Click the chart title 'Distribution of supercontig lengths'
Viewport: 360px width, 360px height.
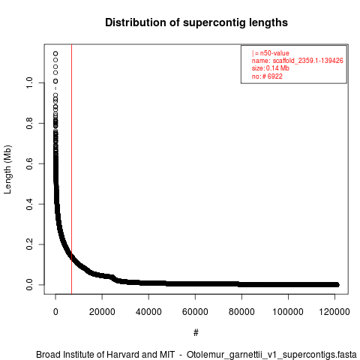click(x=196, y=22)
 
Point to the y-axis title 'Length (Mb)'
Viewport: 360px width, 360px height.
click(x=7, y=169)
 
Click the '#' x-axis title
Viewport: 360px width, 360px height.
click(x=196, y=333)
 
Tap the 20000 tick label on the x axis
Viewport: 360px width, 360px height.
click(x=102, y=312)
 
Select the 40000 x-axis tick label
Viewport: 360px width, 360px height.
click(x=148, y=312)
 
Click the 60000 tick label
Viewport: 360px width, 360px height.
click(x=195, y=312)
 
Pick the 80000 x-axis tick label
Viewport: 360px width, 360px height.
click(x=241, y=312)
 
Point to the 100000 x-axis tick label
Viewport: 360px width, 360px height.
click(x=288, y=312)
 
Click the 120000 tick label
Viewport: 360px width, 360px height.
click(x=334, y=312)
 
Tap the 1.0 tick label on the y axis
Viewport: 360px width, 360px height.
click(x=29, y=82)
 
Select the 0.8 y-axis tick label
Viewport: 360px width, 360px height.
click(x=29, y=123)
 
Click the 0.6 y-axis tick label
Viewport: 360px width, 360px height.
click(x=29, y=163)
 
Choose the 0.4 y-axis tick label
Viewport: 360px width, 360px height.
click(x=29, y=204)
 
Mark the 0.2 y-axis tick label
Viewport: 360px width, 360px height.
click(x=29, y=244)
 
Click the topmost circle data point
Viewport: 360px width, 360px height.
click(x=55, y=54)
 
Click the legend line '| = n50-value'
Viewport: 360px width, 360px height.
click(x=271, y=53)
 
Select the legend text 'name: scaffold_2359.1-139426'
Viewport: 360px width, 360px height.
click(x=298, y=61)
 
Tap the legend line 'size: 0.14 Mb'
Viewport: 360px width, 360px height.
click(x=271, y=68)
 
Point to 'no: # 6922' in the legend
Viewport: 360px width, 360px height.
click(x=267, y=76)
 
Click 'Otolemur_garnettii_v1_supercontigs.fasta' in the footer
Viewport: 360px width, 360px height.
click(x=271, y=355)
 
